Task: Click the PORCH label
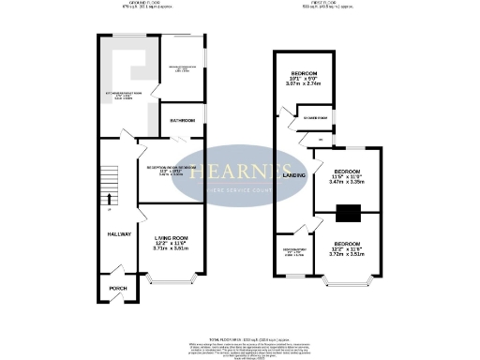118,288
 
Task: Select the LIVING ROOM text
172,238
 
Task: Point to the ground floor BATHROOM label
182,122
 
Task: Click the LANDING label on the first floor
294,175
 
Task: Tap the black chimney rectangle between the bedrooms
348,213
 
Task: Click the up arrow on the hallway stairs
109,198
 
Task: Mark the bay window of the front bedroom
349,278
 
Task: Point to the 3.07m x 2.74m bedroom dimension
304,83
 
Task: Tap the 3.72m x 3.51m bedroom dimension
347,253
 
